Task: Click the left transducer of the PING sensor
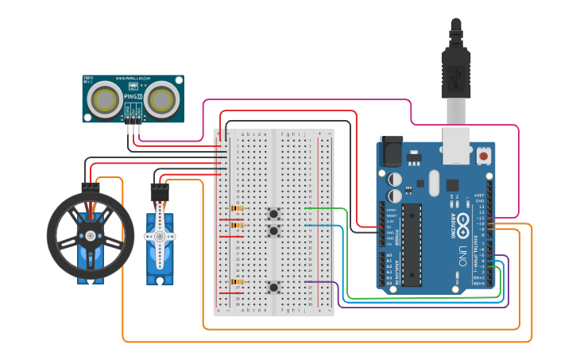(x=104, y=99)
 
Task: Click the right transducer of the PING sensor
(x=162, y=99)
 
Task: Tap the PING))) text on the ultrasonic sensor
(x=133, y=97)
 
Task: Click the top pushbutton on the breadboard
(x=274, y=212)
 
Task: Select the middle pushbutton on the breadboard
(x=274, y=230)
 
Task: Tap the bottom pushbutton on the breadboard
(x=274, y=287)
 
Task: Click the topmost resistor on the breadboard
(x=236, y=209)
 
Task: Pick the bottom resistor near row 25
(x=236, y=281)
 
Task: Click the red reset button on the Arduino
(x=483, y=157)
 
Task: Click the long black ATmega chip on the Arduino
(x=412, y=244)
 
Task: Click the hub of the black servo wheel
(x=90, y=235)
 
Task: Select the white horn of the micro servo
(x=160, y=237)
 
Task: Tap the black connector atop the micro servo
(x=160, y=192)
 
